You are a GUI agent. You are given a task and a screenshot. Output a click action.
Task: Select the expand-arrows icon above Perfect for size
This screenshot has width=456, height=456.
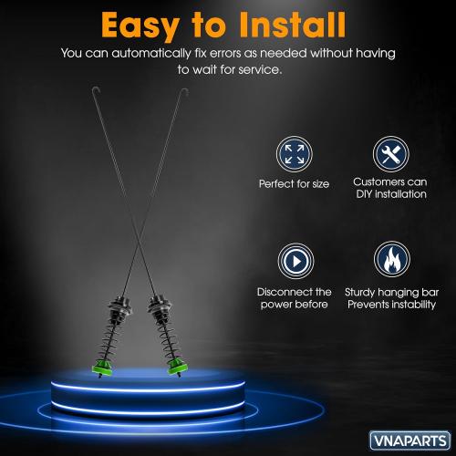pos(294,152)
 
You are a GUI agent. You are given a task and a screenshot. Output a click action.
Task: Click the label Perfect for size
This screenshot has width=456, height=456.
pos(294,183)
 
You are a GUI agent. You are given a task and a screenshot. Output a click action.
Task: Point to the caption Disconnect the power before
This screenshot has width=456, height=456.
pos(294,297)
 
